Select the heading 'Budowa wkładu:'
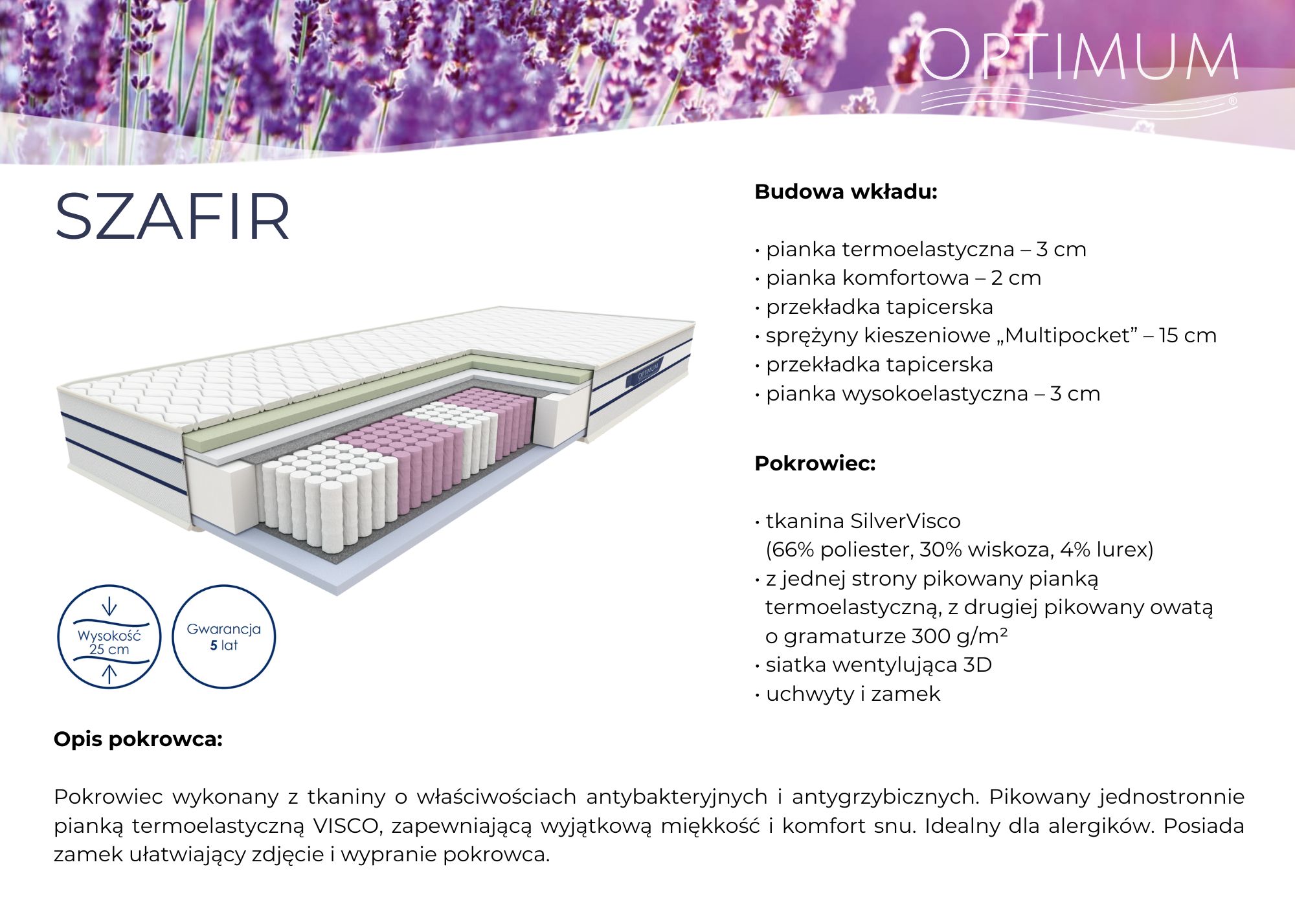pyautogui.click(x=846, y=192)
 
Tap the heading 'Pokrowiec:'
pyautogui.click(x=815, y=464)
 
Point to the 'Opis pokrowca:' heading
pyautogui.click(x=138, y=740)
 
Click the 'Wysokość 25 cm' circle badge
pyautogui.click(x=109, y=637)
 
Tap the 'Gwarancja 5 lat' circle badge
pyautogui.click(x=223, y=637)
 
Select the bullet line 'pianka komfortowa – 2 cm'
pyautogui.click(x=903, y=278)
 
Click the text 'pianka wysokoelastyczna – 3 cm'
pyautogui.click(x=932, y=393)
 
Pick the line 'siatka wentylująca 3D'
pyautogui.click(x=878, y=665)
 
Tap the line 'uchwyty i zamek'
pyautogui.click(x=852, y=694)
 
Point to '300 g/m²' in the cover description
pyautogui.click(x=959, y=637)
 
